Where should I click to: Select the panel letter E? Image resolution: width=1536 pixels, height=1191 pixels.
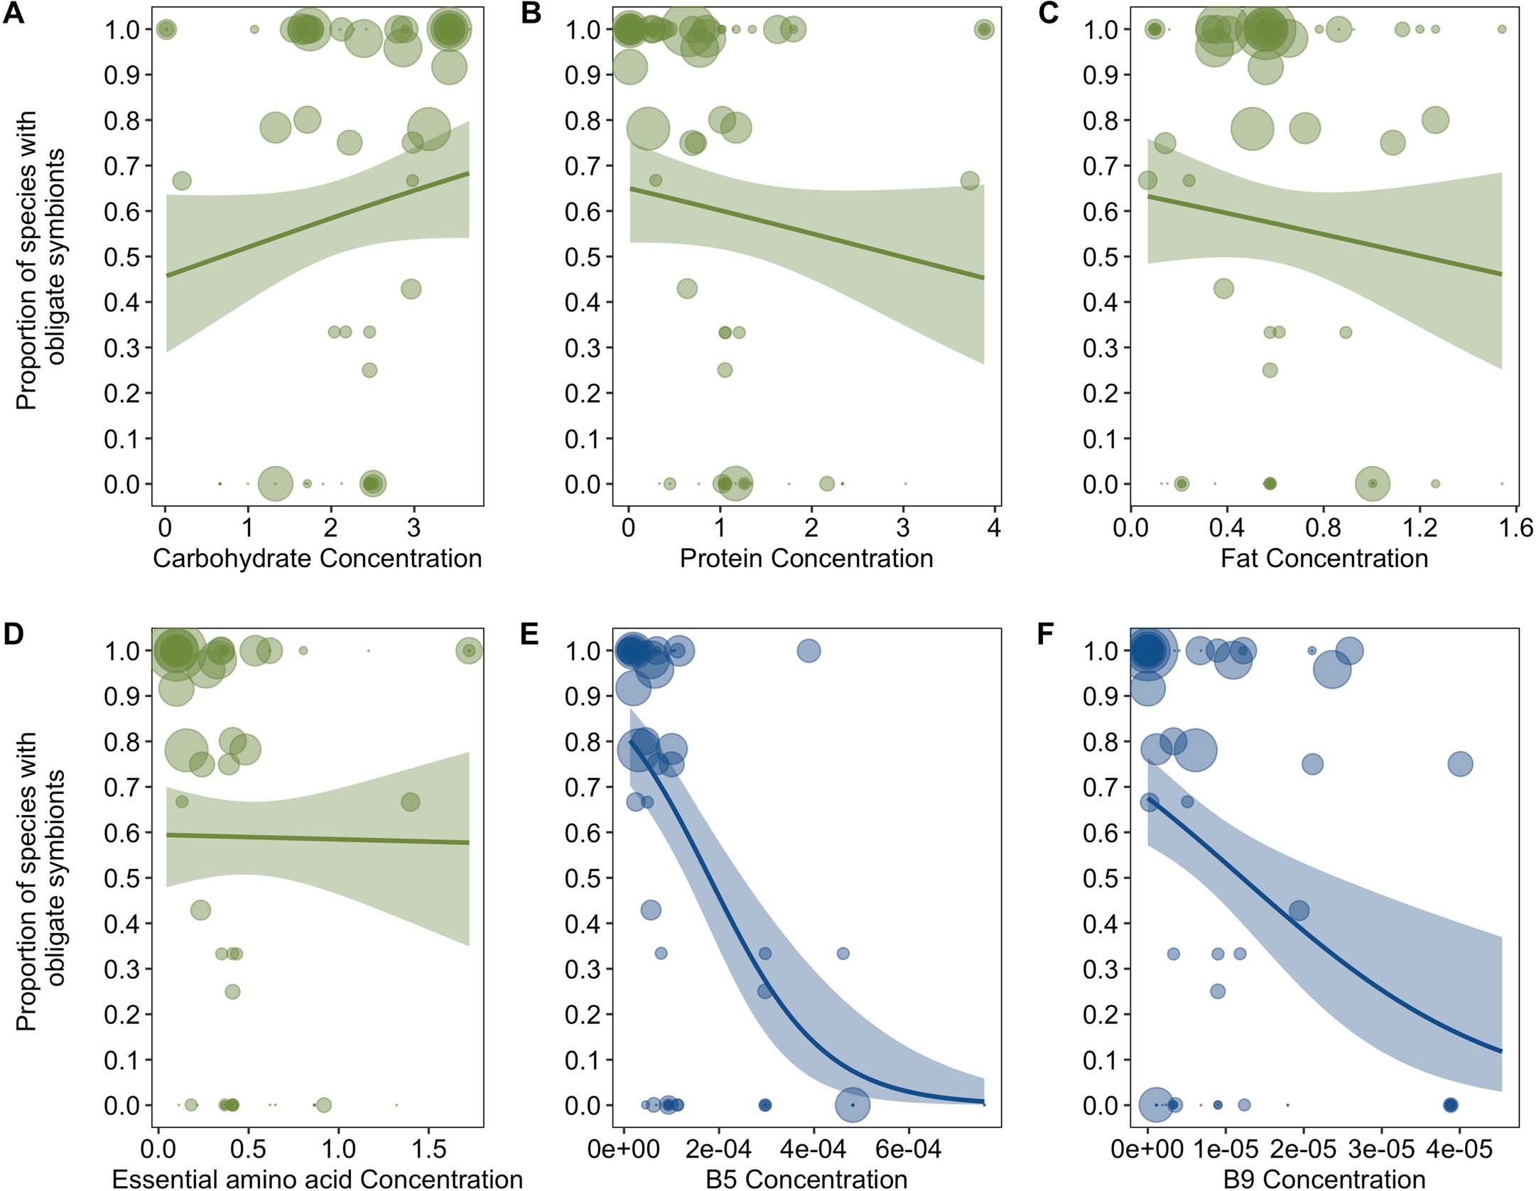[x=530, y=633]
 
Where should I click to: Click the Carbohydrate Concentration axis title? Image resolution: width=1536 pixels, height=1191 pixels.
[x=317, y=559]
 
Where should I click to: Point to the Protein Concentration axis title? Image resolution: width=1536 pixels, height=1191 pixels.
[x=806, y=559]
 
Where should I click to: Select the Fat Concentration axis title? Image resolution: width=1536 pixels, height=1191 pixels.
[x=1324, y=559]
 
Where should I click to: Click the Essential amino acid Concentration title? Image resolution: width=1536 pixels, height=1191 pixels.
[x=317, y=1179]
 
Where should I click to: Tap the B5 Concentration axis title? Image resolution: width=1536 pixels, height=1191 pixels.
[x=806, y=1179]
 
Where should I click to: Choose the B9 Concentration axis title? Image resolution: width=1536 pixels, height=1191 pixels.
[x=1324, y=1179]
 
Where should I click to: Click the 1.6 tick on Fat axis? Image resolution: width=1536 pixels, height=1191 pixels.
[x=1517, y=529]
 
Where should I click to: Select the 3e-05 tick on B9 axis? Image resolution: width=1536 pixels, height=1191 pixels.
[x=1381, y=1149]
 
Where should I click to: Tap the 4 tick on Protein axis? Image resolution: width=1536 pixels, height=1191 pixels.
[x=994, y=529]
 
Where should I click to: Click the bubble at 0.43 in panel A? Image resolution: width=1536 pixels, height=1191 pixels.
[x=411, y=289]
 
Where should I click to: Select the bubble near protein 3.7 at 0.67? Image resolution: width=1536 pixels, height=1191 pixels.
[x=970, y=180]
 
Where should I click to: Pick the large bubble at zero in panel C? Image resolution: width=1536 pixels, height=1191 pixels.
[x=1373, y=483]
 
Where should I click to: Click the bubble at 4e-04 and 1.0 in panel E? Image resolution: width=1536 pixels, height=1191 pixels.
[x=809, y=650]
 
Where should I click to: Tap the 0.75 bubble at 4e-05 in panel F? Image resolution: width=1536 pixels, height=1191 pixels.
[x=1460, y=765]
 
